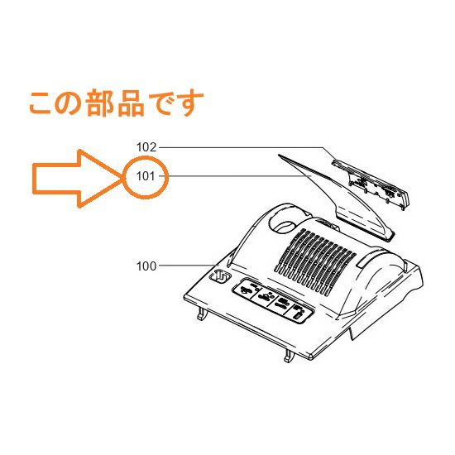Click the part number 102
[146, 147]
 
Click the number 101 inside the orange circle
[146, 176]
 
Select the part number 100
[146, 266]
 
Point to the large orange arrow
[77, 179]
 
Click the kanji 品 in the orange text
[131, 103]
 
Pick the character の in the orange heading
[69, 104]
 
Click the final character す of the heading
[190, 104]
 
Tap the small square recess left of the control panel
[220, 275]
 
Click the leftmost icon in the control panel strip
[246, 291]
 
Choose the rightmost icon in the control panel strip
[298, 313]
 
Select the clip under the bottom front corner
[290, 356]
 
